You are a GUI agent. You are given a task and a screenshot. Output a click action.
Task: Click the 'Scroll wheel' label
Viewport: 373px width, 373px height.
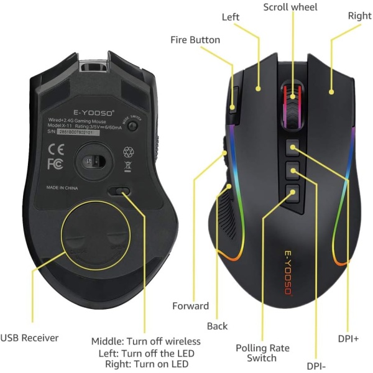pos(290,7)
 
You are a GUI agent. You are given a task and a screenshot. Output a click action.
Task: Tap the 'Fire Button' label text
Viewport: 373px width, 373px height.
pos(195,40)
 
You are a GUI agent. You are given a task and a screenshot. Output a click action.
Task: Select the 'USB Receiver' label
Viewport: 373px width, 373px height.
pos(29,338)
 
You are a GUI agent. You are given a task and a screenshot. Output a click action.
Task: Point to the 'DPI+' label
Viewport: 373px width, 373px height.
pos(348,339)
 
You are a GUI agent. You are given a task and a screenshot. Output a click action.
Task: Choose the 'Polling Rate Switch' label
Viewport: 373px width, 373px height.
pos(262,353)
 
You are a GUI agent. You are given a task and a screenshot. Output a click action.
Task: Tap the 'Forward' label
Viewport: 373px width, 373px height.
pos(190,306)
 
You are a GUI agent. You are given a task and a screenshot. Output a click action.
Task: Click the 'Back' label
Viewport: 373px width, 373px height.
pos(217,326)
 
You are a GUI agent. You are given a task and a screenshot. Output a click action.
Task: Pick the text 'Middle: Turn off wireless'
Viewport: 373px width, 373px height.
pos(146,341)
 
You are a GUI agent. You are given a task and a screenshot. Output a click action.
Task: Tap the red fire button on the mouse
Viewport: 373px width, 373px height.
pos(233,99)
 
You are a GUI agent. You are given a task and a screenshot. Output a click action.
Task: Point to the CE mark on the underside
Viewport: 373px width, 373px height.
pos(55,149)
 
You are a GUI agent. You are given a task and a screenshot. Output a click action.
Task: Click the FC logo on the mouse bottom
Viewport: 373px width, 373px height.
pos(55,164)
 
